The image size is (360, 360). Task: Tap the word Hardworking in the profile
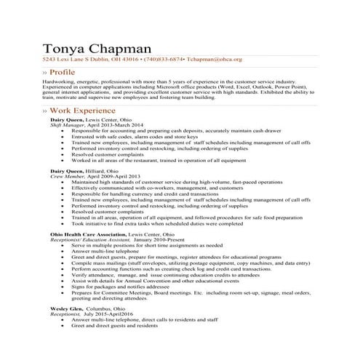60,83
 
